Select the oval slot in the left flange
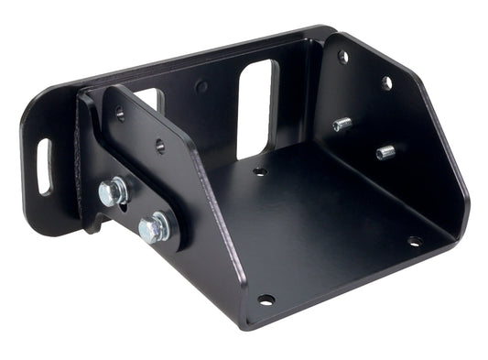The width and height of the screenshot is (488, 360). click(x=44, y=166)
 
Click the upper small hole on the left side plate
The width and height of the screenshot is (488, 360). click(x=120, y=115)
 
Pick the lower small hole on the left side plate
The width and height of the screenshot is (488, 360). click(x=159, y=145)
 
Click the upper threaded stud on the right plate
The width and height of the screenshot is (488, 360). click(x=342, y=124)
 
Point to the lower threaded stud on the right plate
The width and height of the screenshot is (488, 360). click(x=385, y=151)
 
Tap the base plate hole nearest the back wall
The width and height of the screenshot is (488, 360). click(x=260, y=171)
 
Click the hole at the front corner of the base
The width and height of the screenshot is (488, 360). click(x=266, y=300)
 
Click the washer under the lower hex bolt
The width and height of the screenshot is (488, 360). click(x=163, y=226)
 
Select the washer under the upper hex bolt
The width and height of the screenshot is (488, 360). click(x=117, y=192)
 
